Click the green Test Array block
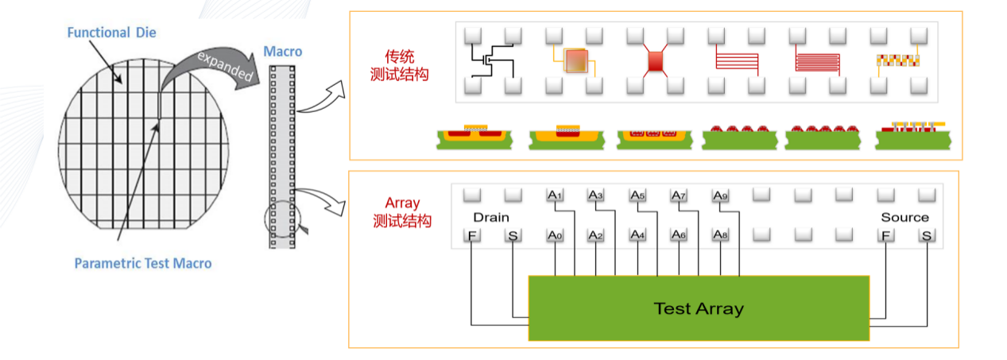click(699, 308)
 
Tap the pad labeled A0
click(555, 235)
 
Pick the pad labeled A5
click(637, 195)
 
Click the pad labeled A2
click(596, 235)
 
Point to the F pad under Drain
click(472, 235)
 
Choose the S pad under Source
click(926, 235)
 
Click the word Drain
click(490, 217)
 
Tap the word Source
click(904, 217)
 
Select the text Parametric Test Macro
click(143, 263)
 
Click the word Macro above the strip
click(282, 52)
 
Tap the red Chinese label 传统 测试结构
click(401, 66)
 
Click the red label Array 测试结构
click(401, 212)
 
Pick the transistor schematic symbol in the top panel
click(493, 58)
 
